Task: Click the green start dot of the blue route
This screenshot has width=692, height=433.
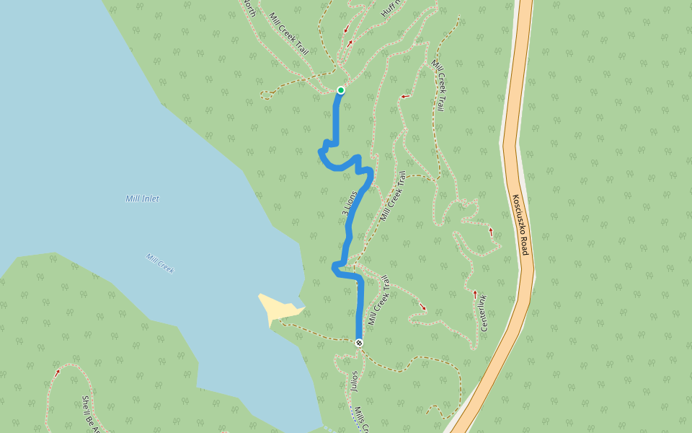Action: (x=340, y=90)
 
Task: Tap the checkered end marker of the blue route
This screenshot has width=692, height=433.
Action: (x=358, y=343)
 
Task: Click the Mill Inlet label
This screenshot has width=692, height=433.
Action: (x=142, y=198)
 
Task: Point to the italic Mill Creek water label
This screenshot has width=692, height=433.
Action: (x=159, y=263)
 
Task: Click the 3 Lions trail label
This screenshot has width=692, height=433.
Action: (x=350, y=204)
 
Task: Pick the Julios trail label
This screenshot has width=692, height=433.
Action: (x=354, y=381)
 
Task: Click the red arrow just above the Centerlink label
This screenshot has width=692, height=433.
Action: (x=475, y=293)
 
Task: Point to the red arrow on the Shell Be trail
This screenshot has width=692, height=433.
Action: (x=57, y=372)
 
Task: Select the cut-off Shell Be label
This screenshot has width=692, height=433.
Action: (x=91, y=413)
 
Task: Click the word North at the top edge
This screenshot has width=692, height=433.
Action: (x=249, y=8)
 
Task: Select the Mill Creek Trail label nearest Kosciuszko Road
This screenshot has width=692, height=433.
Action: (x=437, y=85)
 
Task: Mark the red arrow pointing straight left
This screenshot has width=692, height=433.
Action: (x=405, y=96)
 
